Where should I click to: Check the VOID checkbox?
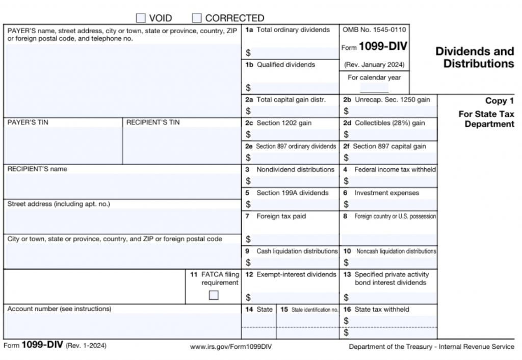(141, 18)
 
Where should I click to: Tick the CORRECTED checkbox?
(197, 18)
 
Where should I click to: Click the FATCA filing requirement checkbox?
(214, 295)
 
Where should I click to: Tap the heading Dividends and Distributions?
(474, 58)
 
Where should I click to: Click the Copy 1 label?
(499, 101)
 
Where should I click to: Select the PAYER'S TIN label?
(28, 122)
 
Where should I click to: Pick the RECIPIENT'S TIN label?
(153, 122)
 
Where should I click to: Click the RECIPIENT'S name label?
(37, 169)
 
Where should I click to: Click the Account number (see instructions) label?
(59, 308)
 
